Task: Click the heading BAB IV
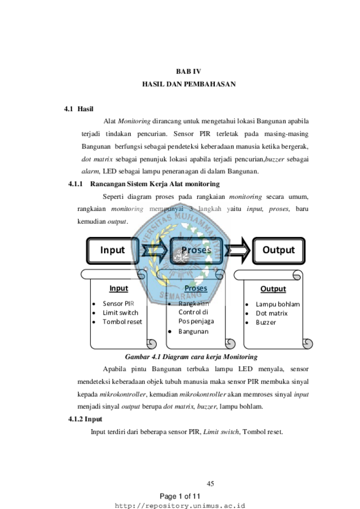189,71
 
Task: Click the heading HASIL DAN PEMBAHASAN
189,84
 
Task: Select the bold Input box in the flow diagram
112,250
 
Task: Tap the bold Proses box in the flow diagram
197,250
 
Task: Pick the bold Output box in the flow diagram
279,250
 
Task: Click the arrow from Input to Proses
155,250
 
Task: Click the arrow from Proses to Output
238,250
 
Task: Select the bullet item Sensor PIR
119,304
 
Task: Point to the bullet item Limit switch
120,312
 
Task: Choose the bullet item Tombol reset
122,322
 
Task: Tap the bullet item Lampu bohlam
278,304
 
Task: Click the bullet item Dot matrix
272,313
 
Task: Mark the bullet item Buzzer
266,322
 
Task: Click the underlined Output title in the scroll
274,289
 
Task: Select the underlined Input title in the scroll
119,288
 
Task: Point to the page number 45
210,484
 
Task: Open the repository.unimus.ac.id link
180,506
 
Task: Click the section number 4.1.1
75,184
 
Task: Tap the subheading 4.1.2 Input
85,419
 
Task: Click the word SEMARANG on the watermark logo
181,295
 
